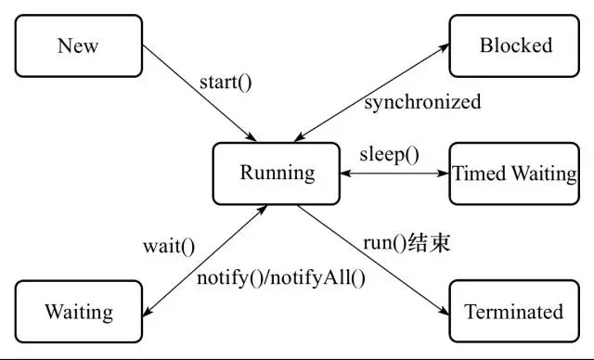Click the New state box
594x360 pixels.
click(78, 45)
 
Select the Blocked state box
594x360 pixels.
click(515, 45)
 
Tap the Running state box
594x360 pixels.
click(277, 173)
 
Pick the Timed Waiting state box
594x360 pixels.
click(514, 173)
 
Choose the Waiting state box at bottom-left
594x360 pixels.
click(78, 312)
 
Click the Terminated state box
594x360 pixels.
click(514, 312)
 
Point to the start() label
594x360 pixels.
click(226, 82)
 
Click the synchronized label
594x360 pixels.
click(422, 102)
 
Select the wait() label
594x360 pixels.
click(169, 247)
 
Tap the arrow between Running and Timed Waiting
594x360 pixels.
click(394, 174)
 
